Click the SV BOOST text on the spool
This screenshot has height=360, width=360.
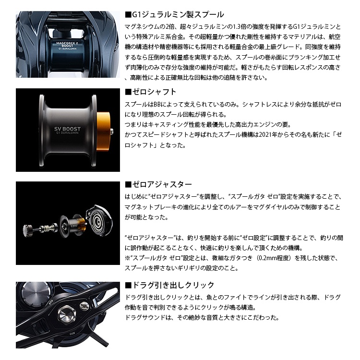pos(67,129)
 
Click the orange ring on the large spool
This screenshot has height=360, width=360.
pos(103,132)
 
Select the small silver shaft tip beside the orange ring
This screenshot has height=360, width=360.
pos(112,132)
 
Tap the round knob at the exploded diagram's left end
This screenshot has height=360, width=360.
pos(28,230)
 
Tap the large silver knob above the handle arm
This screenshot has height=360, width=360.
pos(36,291)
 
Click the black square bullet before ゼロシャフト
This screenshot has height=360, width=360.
pos(128,92)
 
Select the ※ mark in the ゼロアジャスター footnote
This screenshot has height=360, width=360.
pos(127,258)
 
